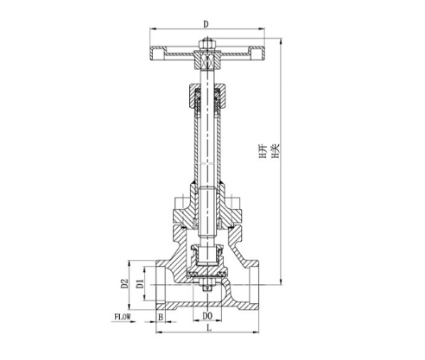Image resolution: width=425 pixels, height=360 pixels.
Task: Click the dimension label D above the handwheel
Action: coord(206,24)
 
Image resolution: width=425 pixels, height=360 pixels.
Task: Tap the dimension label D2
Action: coord(124,283)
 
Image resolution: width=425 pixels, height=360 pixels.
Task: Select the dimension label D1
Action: coord(140,283)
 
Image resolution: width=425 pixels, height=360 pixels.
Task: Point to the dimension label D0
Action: coord(207,316)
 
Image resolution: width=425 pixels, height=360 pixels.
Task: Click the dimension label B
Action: coord(161,317)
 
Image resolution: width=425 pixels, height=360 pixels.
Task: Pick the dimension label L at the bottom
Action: coord(209,327)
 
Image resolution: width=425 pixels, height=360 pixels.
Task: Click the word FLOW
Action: coord(123,317)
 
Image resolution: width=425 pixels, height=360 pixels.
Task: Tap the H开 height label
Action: coord(263,152)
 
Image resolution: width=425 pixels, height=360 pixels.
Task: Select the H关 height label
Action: coord(276,152)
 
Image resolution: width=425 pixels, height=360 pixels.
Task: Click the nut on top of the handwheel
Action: coord(207,44)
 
